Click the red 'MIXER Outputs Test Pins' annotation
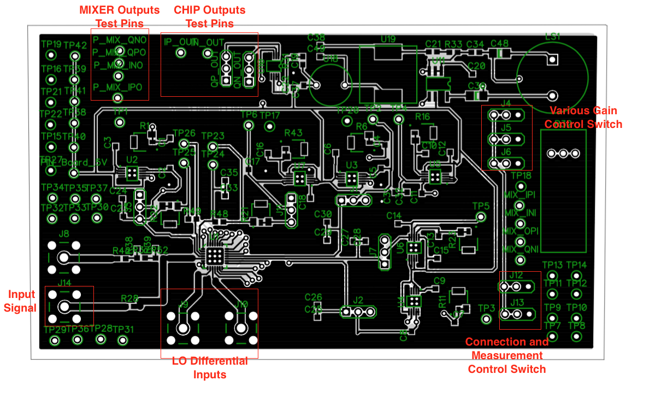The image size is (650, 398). [120, 16]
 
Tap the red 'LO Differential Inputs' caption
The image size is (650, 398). [210, 368]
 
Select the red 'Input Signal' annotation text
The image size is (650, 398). [20, 301]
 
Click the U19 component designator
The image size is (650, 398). [388, 39]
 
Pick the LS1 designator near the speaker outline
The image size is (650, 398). [553, 37]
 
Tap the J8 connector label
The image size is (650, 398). [64, 234]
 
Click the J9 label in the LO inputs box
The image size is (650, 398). [184, 304]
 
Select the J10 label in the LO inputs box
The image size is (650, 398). [241, 304]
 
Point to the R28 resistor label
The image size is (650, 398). [129, 298]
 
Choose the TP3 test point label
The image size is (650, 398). [486, 308]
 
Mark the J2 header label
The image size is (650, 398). [358, 300]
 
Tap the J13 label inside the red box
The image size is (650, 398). [516, 302]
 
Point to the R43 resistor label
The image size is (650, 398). [293, 133]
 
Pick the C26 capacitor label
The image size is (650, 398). [313, 297]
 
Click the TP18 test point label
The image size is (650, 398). [521, 175]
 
